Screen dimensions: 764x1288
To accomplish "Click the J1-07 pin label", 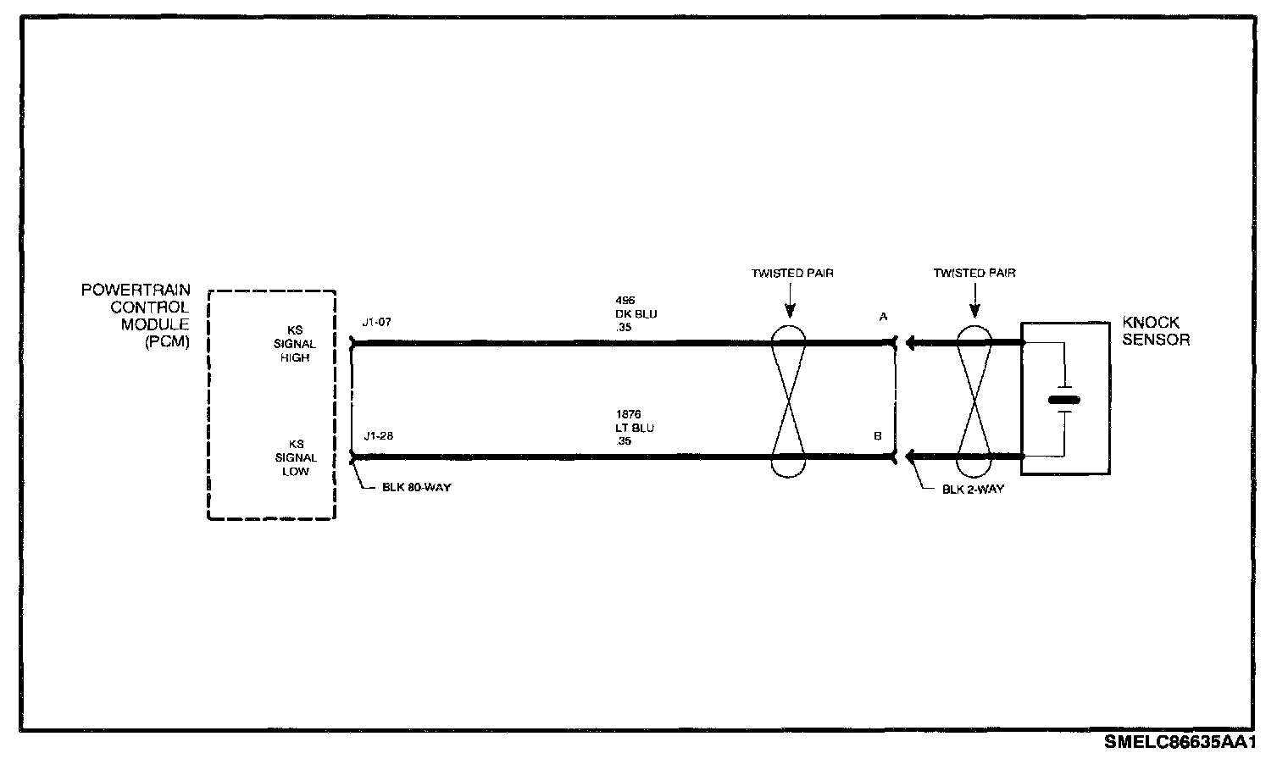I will click(377, 322).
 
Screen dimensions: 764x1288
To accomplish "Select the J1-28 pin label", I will click(377, 437).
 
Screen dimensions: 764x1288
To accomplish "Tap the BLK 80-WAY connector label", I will click(416, 488).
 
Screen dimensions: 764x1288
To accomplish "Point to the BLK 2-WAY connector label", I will click(973, 489).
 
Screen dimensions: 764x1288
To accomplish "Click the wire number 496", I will click(625, 301).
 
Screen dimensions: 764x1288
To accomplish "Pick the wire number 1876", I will click(628, 415).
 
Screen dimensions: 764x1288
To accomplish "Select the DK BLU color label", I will click(636, 314).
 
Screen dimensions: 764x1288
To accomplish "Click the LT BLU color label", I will click(635, 428).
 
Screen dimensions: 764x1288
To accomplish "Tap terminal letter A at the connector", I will click(883, 317).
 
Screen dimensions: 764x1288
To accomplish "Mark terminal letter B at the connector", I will click(878, 437).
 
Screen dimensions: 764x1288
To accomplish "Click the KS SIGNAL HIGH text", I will click(296, 345).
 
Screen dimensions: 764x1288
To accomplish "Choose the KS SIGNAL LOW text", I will click(296, 457).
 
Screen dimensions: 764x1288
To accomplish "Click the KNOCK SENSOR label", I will click(1156, 331).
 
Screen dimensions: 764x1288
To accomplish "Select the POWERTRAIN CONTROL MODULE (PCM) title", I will click(136, 316).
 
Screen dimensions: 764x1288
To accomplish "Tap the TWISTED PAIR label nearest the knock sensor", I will click(974, 274).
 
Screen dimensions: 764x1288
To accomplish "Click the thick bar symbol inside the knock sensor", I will click(1064, 399).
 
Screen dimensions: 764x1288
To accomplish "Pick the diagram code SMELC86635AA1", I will click(1180, 743).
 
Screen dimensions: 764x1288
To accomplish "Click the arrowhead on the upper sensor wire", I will click(911, 343).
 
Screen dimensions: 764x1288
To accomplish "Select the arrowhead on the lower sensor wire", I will click(911, 458).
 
